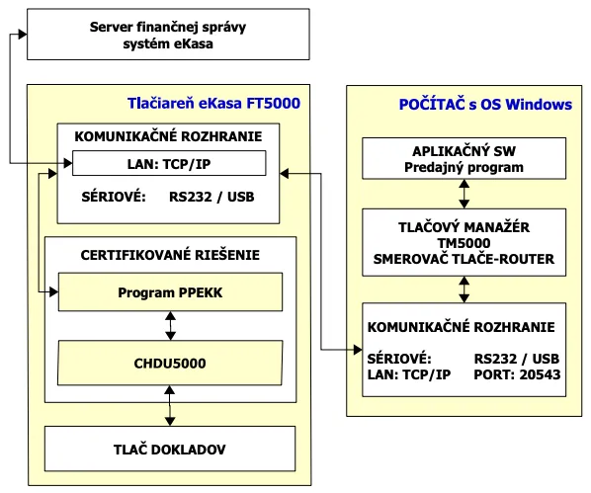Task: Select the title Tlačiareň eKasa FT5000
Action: click(x=213, y=103)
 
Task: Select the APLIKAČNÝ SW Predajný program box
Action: click(x=463, y=159)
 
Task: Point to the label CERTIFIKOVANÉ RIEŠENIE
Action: click(x=171, y=254)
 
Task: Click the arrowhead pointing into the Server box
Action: click(x=18, y=34)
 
